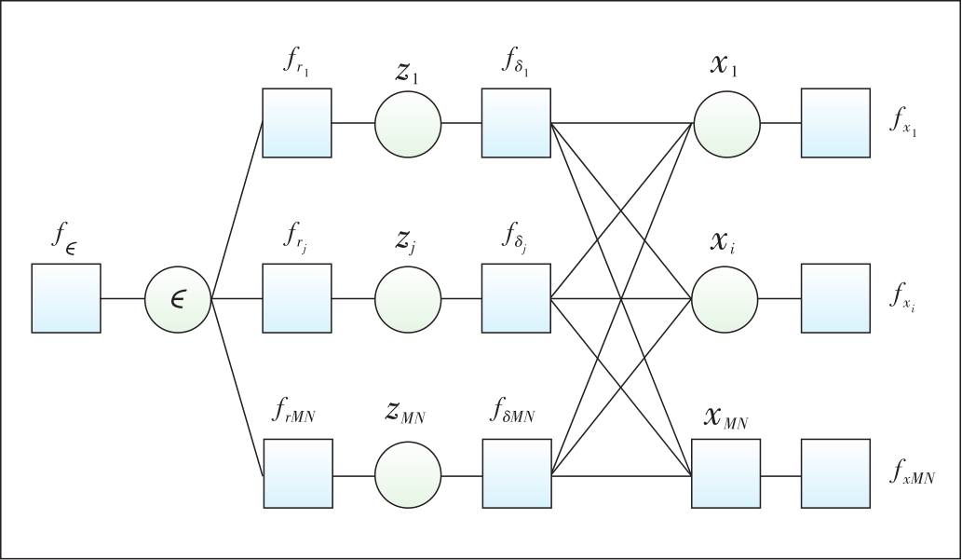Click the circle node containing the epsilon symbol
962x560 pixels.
pyautogui.click(x=178, y=299)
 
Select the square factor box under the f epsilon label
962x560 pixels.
pyautogui.click(x=66, y=298)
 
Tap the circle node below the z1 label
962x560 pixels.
pyautogui.click(x=408, y=123)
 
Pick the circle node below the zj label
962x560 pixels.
pyautogui.click(x=408, y=299)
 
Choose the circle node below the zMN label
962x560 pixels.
pyautogui.click(x=408, y=473)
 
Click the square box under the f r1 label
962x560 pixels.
pyautogui.click(x=297, y=123)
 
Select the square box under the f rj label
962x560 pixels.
pyautogui.click(x=297, y=299)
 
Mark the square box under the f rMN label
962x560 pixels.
pyautogui.click(x=297, y=473)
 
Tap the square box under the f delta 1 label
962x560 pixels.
pyautogui.click(x=517, y=123)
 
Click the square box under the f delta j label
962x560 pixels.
pyautogui.click(x=517, y=299)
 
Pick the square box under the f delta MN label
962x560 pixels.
pyautogui.click(x=517, y=473)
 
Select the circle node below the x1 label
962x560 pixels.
pyautogui.click(x=725, y=123)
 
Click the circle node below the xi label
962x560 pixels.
pyautogui.click(x=725, y=299)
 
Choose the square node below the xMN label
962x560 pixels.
pyautogui.click(x=725, y=473)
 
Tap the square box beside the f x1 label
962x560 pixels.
pyautogui.click(x=835, y=123)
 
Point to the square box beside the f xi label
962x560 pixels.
pyautogui.click(x=835, y=299)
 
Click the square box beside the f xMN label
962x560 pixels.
pyautogui.click(x=835, y=473)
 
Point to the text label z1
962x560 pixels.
pyautogui.click(x=407, y=74)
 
